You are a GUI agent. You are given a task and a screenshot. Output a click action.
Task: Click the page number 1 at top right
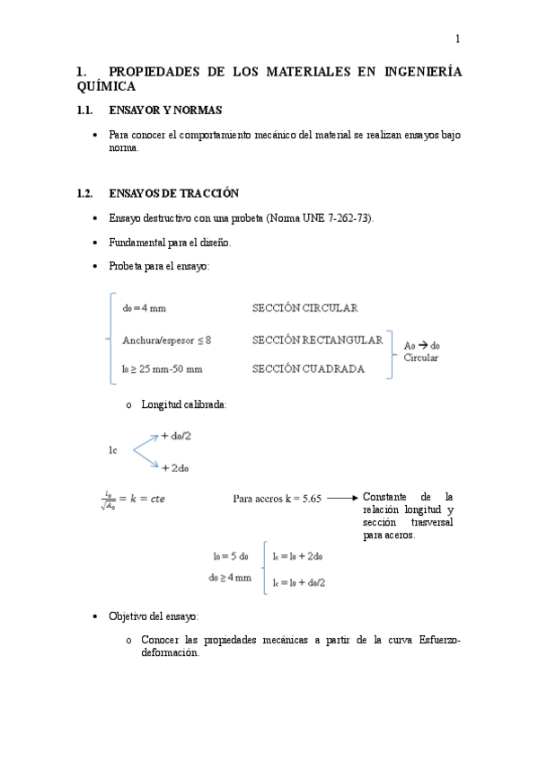point(457,39)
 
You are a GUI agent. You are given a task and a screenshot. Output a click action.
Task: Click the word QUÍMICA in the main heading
point(107,87)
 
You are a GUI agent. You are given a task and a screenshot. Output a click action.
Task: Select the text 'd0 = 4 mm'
point(144,308)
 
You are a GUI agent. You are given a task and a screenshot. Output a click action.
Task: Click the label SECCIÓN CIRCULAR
point(304,308)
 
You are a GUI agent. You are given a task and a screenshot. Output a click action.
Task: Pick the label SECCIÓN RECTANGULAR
point(317,340)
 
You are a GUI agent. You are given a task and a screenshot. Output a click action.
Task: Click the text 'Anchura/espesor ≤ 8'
point(166,340)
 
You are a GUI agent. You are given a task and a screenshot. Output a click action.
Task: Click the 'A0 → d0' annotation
point(421,345)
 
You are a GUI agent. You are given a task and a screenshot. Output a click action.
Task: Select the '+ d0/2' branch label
point(179,436)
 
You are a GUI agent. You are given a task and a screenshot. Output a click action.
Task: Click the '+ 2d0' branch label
point(175,467)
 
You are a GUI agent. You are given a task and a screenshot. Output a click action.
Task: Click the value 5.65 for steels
point(307,498)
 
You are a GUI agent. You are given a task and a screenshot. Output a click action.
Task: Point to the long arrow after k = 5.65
point(342,497)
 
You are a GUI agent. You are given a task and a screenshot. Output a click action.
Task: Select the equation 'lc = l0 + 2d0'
point(298,556)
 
